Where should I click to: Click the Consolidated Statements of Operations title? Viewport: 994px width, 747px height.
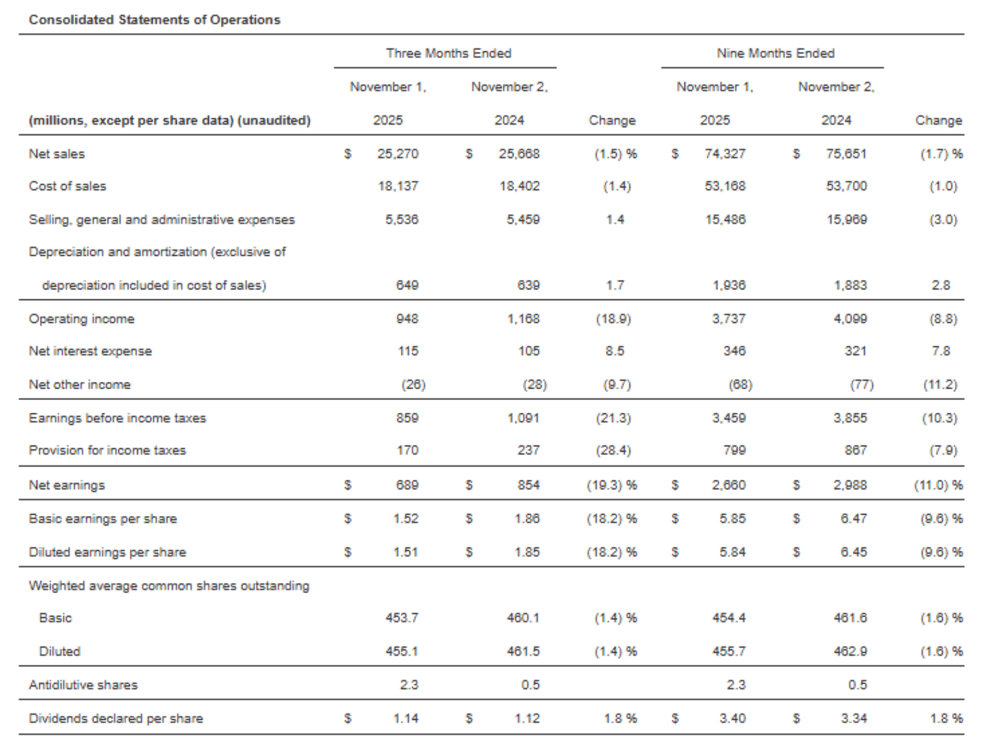pyautogui.click(x=154, y=20)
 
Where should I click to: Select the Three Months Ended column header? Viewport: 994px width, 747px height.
pyautogui.click(x=448, y=53)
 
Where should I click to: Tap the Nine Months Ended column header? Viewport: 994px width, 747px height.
pyautogui.click(x=775, y=53)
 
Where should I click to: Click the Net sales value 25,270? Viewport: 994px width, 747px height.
pyautogui.click(x=398, y=154)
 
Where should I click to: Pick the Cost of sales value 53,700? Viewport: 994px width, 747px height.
pyautogui.click(x=846, y=186)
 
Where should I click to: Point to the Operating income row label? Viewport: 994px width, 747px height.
pyautogui.click(x=82, y=319)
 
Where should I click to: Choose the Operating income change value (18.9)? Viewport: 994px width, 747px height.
pyautogui.click(x=613, y=319)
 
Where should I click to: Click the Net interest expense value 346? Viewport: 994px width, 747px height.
pyautogui.click(x=734, y=351)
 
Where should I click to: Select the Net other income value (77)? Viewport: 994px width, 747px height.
pyautogui.click(x=861, y=385)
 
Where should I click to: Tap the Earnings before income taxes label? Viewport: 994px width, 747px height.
pyautogui.click(x=117, y=418)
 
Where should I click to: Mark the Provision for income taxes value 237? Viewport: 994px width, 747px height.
pyautogui.click(x=528, y=450)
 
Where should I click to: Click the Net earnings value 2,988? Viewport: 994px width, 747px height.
pyautogui.click(x=850, y=485)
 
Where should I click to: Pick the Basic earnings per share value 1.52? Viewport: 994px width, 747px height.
pyautogui.click(x=405, y=519)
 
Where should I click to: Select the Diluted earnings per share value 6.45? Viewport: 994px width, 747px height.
pyautogui.click(x=853, y=552)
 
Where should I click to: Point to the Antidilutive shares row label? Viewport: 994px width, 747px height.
pyautogui.click(x=83, y=685)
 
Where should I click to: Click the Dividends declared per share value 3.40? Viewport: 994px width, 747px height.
pyautogui.click(x=732, y=719)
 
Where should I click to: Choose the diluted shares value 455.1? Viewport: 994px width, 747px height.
pyautogui.click(x=401, y=652)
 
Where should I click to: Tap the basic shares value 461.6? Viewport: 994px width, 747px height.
pyautogui.click(x=850, y=618)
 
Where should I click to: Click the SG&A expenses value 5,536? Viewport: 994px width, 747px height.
pyautogui.click(x=401, y=220)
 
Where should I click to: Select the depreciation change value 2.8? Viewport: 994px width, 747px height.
pyautogui.click(x=940, y=286)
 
